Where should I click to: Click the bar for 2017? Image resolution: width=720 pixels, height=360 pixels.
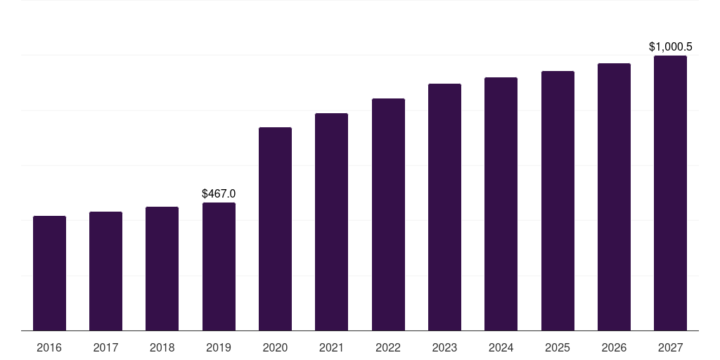click(x=105, y=271)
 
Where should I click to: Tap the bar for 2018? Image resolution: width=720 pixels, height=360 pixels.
click(x=162, y=269)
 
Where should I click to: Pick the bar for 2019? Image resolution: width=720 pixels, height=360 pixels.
click(x=219, y=266)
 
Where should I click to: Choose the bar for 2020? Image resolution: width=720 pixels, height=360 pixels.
click(x=275, y=229)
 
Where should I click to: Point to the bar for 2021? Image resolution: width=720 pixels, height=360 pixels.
click(x=331, y=221)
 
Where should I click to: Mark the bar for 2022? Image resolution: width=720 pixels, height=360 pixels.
click(x=388, y=214)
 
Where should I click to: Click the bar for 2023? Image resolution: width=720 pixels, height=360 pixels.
click(x=444, y=207)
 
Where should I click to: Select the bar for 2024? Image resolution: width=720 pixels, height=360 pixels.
click(x=501, y=204)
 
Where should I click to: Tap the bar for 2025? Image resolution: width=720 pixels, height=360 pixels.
click(x=558, y=200)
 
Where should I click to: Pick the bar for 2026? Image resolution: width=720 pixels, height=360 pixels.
click(x=614, y=197)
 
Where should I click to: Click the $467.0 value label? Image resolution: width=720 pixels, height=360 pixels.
click(x=219, y=193)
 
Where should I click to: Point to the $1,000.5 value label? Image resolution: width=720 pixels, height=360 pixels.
click(x=670, y=47)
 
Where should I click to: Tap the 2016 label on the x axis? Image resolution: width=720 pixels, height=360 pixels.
click(x=49, y=347)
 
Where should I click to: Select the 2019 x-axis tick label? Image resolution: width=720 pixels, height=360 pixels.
click(x=219, y=347)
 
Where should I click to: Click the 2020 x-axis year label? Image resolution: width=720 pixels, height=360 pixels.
click(x=275, y=347)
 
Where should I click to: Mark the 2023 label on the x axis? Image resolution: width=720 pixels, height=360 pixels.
click(x=444, y=347)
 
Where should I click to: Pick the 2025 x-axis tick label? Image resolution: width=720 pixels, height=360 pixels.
click(x=558, y=347)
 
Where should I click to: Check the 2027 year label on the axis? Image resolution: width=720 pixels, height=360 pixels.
click(x=670, y=347)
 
